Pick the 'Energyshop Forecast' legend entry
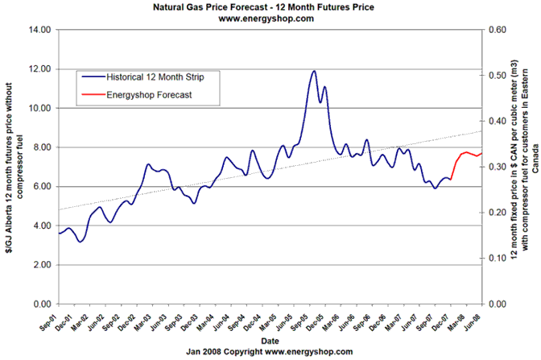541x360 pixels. click(x=153, y=95)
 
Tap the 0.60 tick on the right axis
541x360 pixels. click(x=492, y=30)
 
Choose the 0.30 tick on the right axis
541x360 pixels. click(x=492, y=167)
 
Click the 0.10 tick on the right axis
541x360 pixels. click(x=492, y=259)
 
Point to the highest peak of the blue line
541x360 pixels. click(x=313, y=72)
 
